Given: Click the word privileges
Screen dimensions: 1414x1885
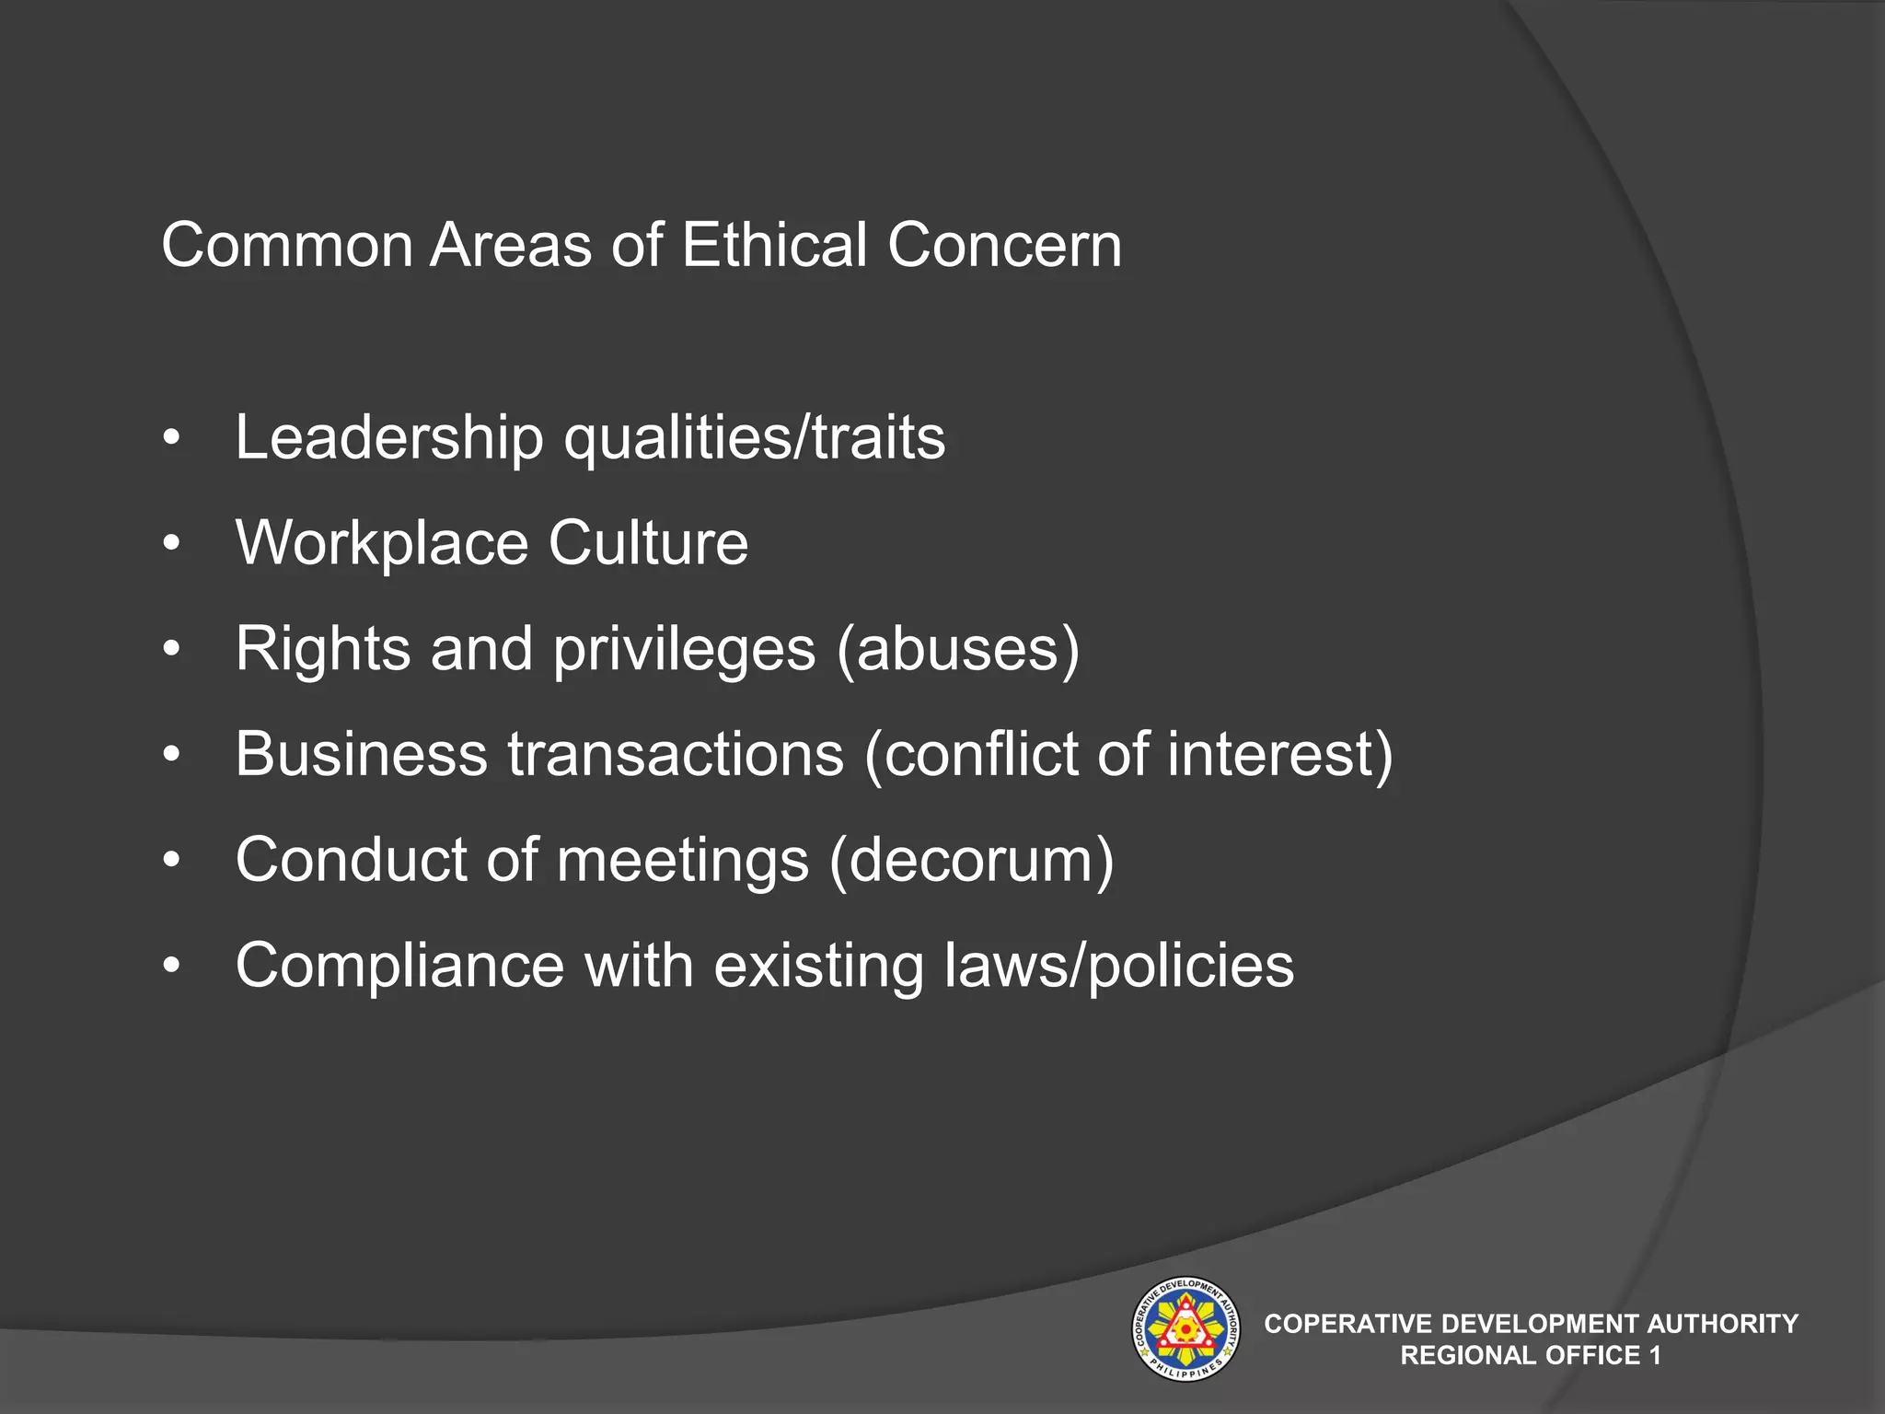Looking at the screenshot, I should tap(684, 650).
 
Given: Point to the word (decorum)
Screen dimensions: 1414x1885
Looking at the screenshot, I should tap(971, 860).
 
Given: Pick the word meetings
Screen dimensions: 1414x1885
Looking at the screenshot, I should tap(683, 862).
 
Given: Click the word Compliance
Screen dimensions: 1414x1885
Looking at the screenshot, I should tap(399, 966).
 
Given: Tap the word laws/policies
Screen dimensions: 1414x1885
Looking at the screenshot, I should tap(1118, 966).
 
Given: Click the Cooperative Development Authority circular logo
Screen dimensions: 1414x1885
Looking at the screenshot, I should tap(1185, 1328).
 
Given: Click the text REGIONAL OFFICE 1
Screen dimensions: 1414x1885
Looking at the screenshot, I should tap(1531, 1355).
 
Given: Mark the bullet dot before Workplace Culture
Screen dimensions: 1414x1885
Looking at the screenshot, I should tap(170, 544).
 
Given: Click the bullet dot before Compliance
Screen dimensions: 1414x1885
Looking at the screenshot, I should tap(170, 968).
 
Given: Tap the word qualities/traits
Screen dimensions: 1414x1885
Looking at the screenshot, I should tap(754, 438).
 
